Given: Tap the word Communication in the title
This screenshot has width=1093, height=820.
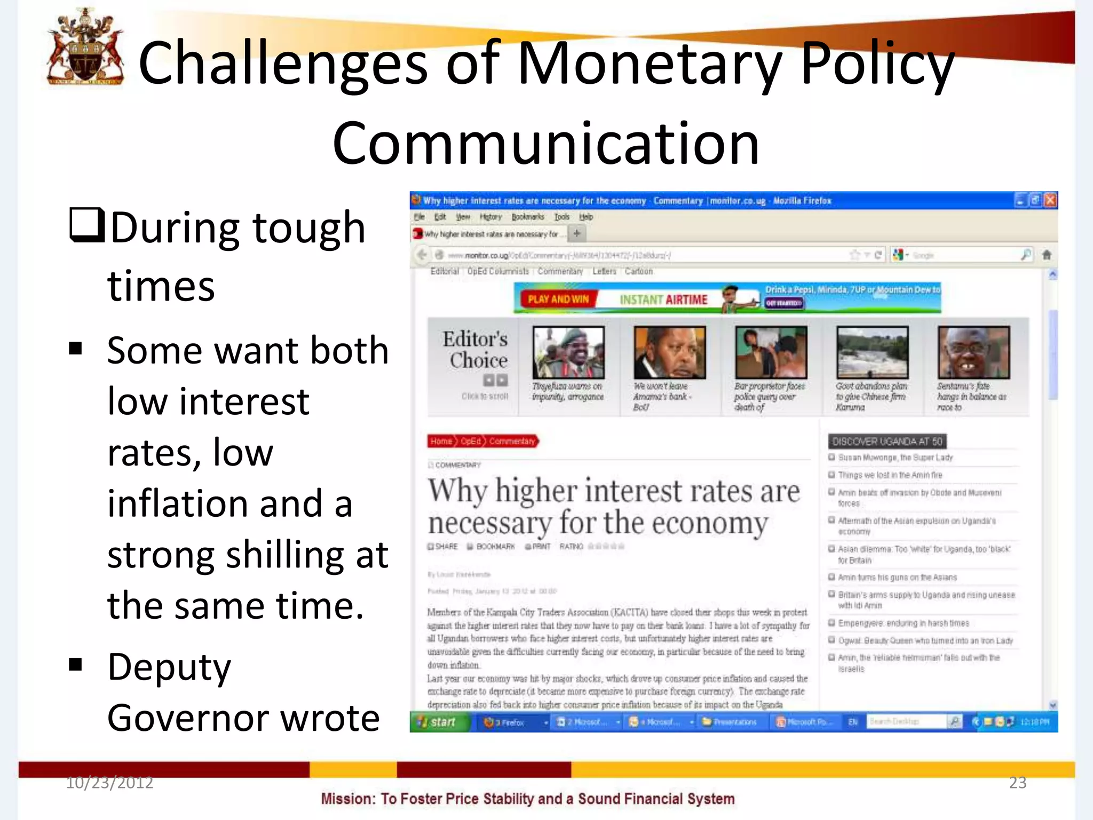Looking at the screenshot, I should [x=545, y=143].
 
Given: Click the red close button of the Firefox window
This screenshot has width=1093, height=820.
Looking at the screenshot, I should [x=1050, y=200].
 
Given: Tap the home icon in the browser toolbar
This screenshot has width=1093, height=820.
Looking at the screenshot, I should [x=1046, y=255].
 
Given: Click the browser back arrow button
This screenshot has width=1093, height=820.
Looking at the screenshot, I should [x=422, y=255].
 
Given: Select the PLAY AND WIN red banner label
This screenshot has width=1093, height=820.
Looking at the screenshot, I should [x=558, y=299].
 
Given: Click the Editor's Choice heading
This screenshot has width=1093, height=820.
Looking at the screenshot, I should [x=475, y=350].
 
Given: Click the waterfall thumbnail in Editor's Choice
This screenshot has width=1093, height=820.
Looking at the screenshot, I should [x=872, y=352].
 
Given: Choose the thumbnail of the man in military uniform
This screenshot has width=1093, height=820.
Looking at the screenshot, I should [x=568, y=352].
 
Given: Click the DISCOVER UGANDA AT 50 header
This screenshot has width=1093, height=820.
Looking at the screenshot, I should [x=887, y=441].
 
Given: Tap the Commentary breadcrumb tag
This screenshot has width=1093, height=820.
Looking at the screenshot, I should [x=512, y=441].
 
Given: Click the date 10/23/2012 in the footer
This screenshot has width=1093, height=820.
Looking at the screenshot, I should [x=109, y=783].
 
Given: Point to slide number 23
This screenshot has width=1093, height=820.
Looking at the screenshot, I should [x=1017, y=783].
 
